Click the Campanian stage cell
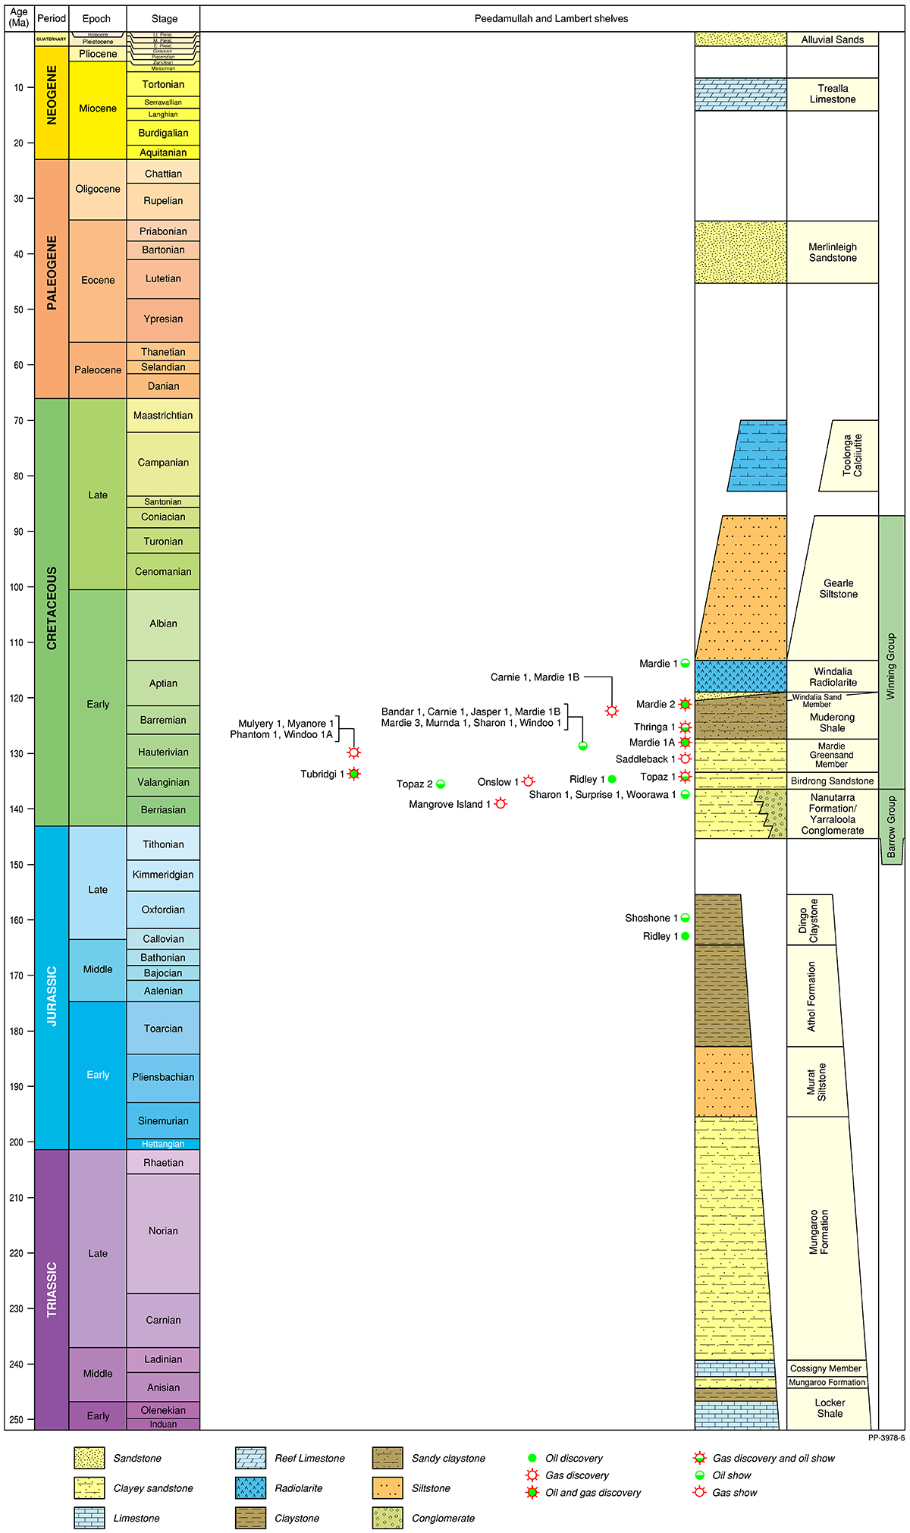click(163, 463)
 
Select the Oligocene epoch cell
click(98, 189)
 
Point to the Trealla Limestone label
click(833, 94)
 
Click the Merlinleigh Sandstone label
click(833, 253)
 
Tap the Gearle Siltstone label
click(838, 589)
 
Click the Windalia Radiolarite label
click(833, 677)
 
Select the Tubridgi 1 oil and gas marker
click(353, 774)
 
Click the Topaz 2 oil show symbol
click(441, 784)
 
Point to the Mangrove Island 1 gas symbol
click(500, 803)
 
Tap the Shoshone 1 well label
click(651, 918)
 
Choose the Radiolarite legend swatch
click(250, 1487)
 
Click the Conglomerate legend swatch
click(388, 1518)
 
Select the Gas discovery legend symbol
click(532, 1475)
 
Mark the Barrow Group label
click(892, 827)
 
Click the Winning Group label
click(892, 666)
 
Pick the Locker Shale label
click(830, 1408)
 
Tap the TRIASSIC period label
click(52, 1290)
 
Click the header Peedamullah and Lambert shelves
click(551, 18)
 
